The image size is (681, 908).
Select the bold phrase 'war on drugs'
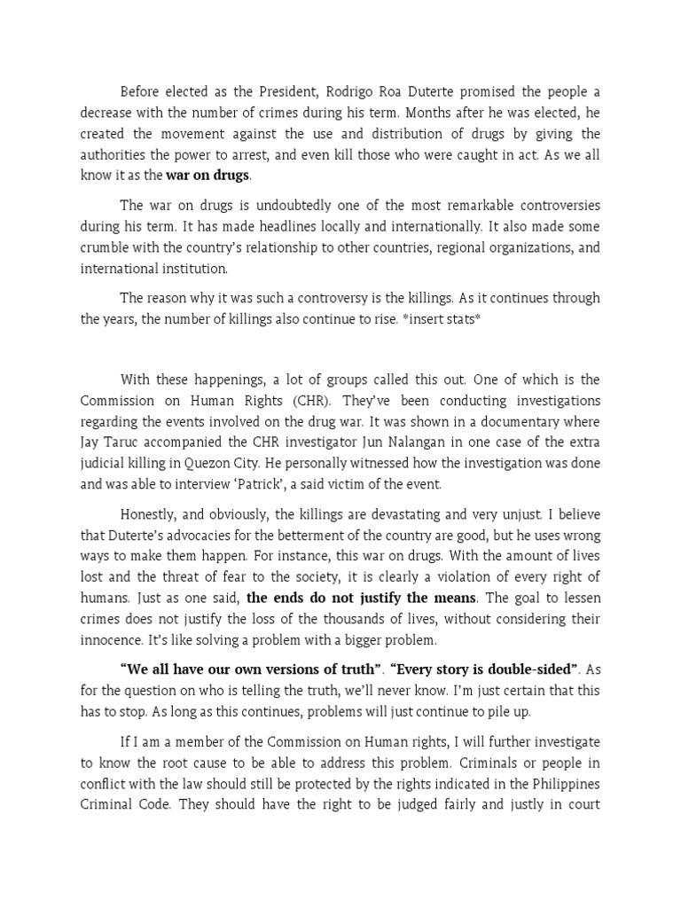click(207, 175)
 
